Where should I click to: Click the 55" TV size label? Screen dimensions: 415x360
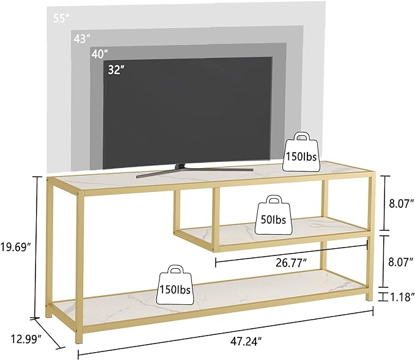pyautogui.click(x=61, y=18)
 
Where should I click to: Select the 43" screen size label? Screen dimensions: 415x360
pyautogui.click(x=82, y=39)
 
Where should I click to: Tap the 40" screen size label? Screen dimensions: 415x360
pyautogui.click(x=100, y=54)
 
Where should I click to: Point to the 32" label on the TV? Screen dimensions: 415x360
pyautogui.click(x=116, y=70)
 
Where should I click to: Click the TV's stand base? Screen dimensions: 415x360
pyautogui.click(x=195, y=171)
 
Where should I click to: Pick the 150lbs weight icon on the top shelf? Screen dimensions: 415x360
pyautogui.click(x=301, y=152)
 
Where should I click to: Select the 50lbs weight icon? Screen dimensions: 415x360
pyautogui.click(x=274, y=215)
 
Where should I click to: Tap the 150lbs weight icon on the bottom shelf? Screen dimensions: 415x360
pyautogui.click(x=175, y=285)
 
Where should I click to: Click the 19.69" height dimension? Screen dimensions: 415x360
pyautogui.click(x=16, y=247)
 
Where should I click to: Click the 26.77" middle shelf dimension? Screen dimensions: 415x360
pyautogui.click(x=292, y=263)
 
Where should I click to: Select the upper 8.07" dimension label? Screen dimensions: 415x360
pyautogui.click(x=401, y=204)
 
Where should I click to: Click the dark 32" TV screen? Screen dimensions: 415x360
pyautogui.click(x=188, y=113)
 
